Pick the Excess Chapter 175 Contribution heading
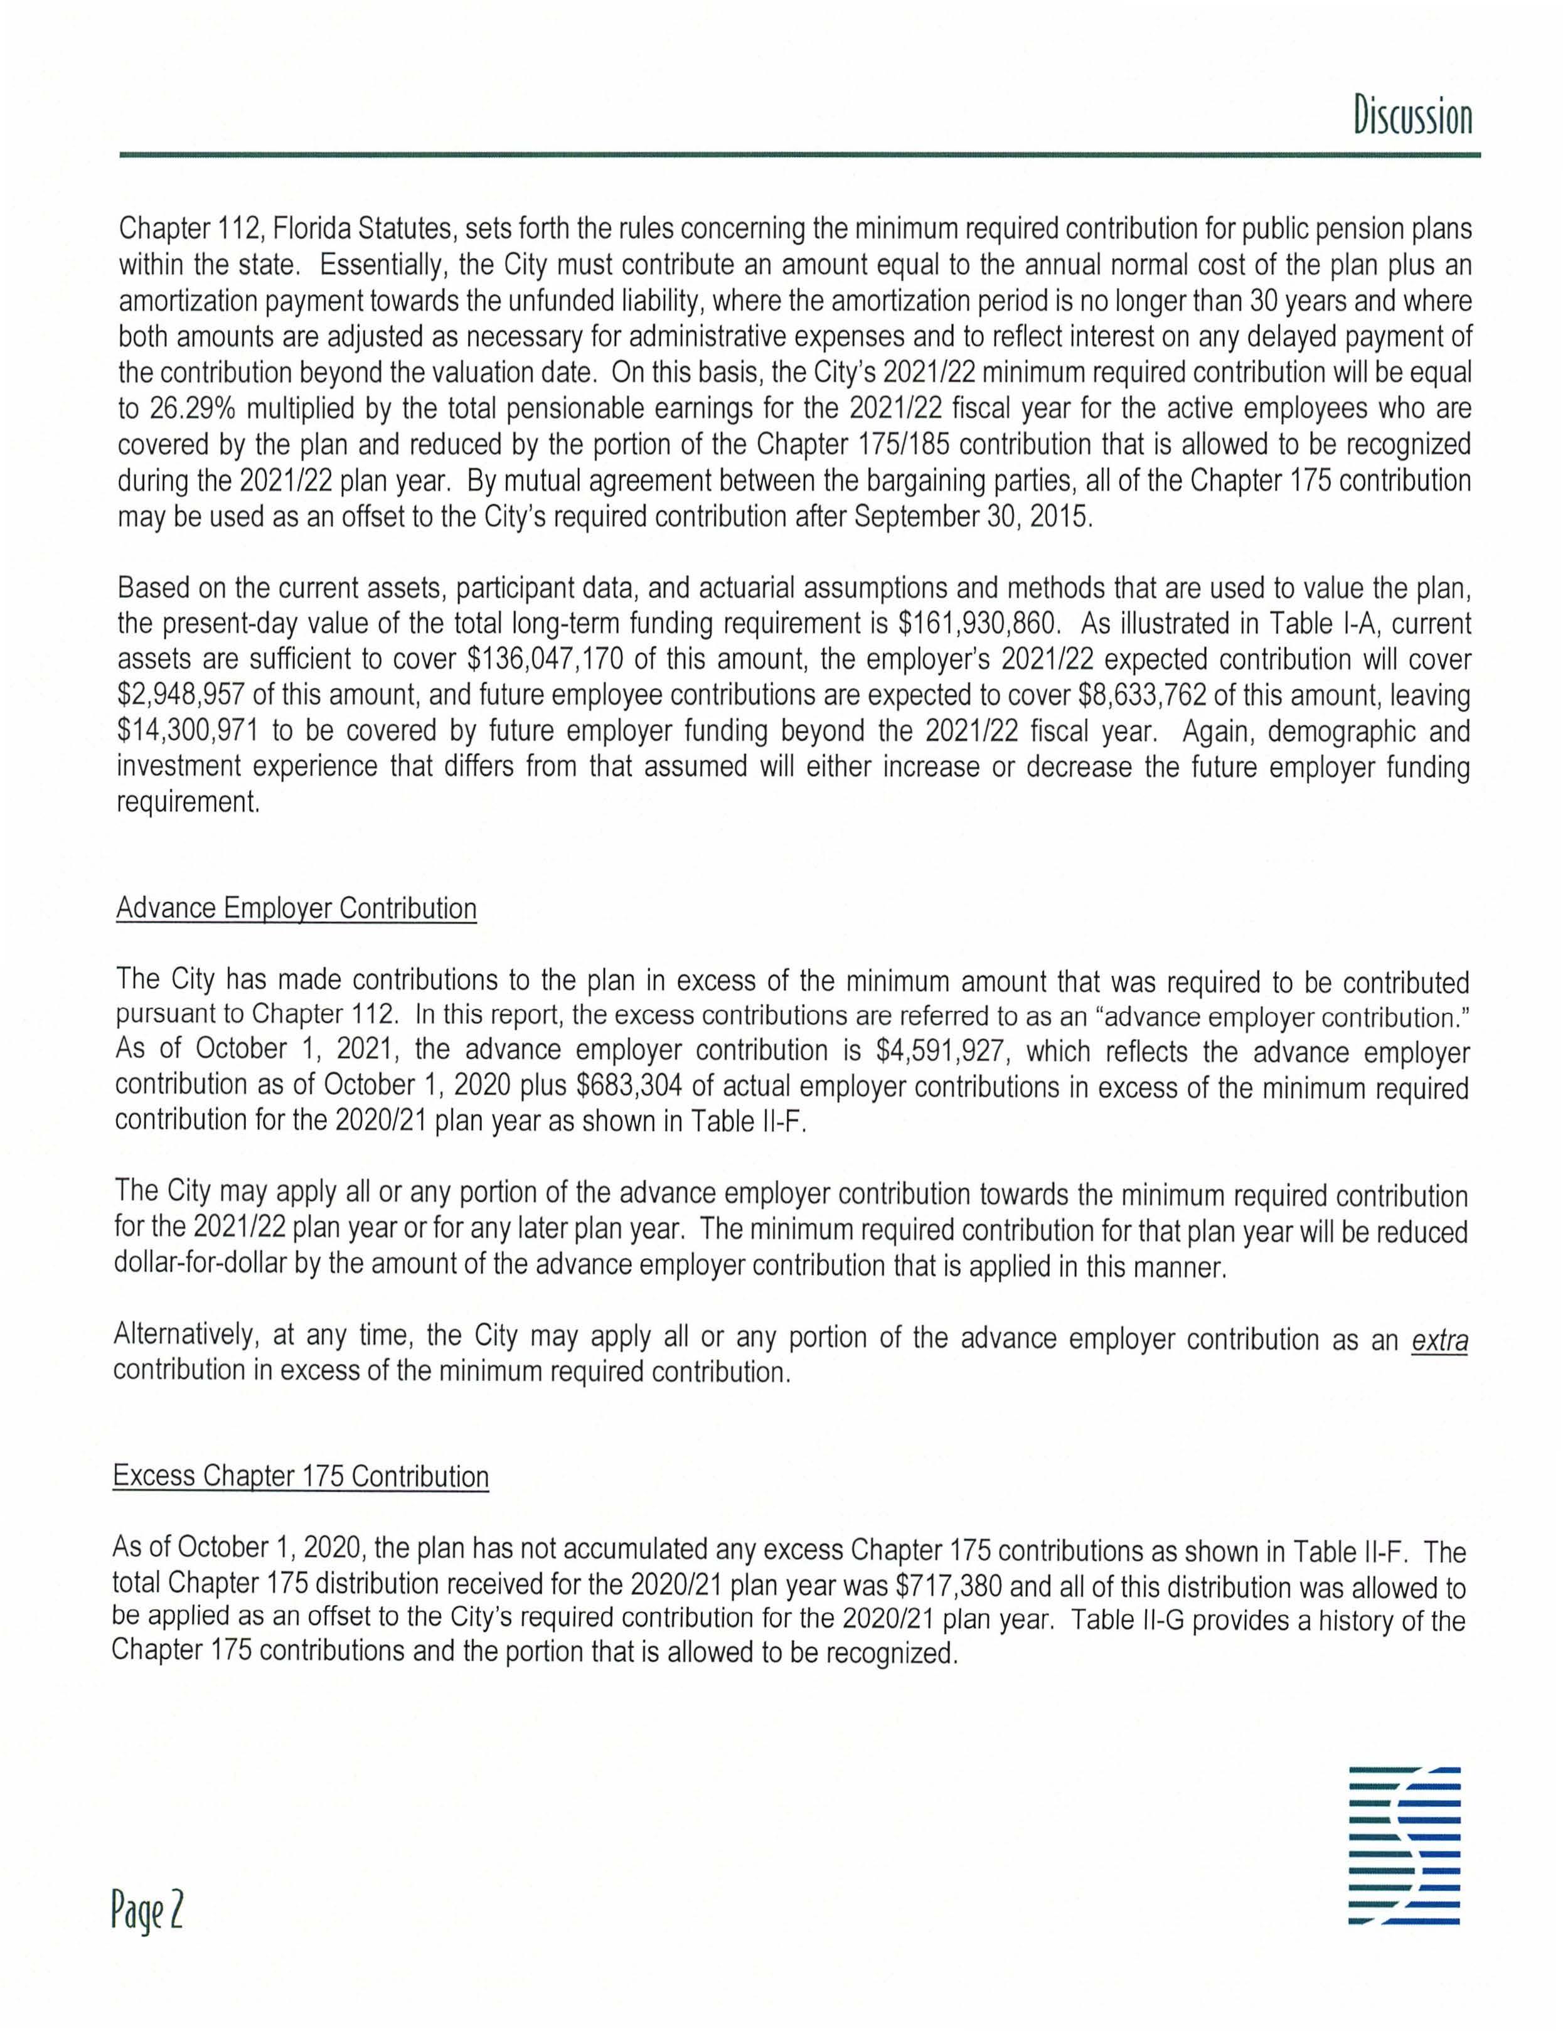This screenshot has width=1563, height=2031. tap(301, 1477)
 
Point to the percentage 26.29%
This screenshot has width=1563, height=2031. tap(193, 408)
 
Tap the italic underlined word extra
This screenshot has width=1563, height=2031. tap(1439, 1340)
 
